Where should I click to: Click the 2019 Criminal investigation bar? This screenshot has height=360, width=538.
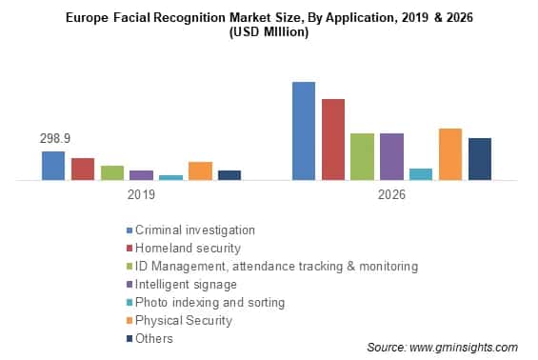click(53, 165)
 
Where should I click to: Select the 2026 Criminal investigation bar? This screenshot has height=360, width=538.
click(303, 130)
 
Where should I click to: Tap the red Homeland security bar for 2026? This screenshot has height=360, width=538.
click(332, 139)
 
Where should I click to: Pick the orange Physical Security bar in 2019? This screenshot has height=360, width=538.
click(200, 170)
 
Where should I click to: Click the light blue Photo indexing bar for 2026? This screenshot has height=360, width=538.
click(420, 173)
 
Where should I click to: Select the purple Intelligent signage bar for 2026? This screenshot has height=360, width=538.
click(391, 156)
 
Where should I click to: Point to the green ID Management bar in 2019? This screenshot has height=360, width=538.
click(112, 172)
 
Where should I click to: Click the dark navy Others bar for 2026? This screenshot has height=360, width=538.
click(479, 158)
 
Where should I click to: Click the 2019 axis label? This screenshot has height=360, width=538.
click(141, 194)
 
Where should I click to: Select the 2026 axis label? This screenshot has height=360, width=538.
click(390, 194)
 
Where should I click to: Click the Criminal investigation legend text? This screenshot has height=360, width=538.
click(195, 230)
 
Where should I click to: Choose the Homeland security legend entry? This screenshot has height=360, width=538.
click(188, 248)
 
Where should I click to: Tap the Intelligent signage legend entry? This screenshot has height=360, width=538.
click(186, 284)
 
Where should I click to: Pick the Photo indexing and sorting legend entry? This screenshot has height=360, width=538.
click(209, 302)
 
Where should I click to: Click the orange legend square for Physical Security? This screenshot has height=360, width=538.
click(129, 321)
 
